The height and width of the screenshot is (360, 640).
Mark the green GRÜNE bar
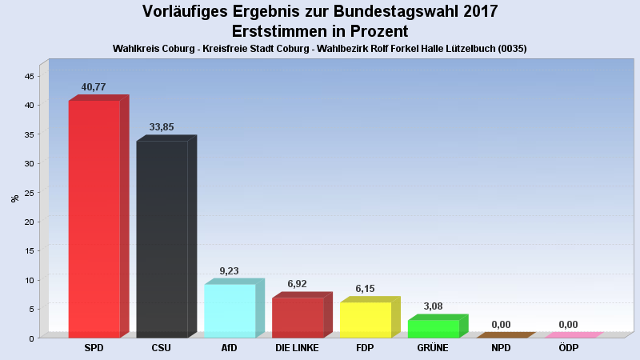434,328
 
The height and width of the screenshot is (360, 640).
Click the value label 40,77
94,86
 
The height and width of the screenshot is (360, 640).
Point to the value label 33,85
162,127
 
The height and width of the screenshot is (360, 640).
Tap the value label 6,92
298,284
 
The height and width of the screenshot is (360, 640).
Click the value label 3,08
434,306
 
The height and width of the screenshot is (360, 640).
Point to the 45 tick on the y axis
29,76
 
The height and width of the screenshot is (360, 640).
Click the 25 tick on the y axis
29,193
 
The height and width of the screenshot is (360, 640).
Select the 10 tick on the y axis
29,280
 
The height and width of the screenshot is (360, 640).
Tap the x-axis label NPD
501,348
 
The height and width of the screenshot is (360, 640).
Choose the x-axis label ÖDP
569,348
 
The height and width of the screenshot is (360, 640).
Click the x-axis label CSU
162,348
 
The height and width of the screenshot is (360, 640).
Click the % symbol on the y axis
14,198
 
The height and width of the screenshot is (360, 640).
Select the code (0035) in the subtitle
510,49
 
